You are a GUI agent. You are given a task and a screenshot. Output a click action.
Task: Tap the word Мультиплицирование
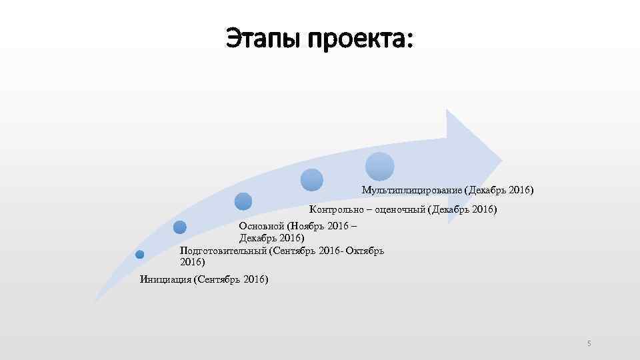412,190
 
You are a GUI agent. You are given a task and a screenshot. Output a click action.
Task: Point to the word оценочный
397,210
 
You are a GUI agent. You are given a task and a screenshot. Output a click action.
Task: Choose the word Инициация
165,279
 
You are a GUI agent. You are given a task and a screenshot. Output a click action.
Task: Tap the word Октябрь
365,251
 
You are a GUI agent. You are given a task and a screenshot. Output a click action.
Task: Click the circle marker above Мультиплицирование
379,167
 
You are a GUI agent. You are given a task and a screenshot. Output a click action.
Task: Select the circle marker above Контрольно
312,179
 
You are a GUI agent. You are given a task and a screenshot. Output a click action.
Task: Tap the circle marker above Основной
243,201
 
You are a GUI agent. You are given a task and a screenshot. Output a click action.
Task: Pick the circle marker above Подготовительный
179,227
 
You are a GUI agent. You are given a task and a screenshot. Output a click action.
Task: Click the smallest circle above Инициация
140,254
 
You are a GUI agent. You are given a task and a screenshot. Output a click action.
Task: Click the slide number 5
589,343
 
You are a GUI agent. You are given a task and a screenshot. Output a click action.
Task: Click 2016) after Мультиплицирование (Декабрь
521,190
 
